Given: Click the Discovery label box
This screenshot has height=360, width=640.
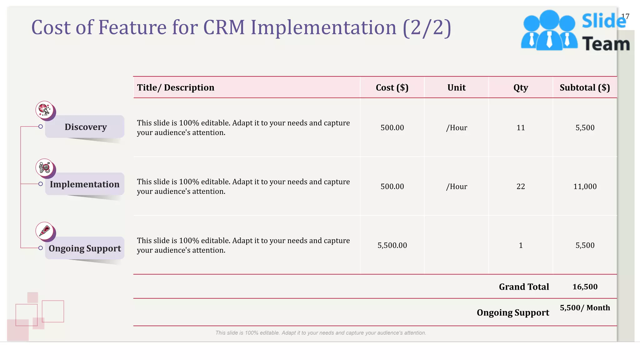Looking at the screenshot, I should pos(85,127).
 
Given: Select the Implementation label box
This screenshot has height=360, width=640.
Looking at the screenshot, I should pos(85,184).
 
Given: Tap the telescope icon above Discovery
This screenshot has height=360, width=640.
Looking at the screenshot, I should pos(45,110).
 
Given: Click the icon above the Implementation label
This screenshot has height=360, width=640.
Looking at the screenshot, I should pos(45,167).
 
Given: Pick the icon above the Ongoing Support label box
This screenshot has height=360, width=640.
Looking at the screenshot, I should pos(45,231).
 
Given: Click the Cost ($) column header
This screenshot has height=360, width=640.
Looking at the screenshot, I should pos(392,87).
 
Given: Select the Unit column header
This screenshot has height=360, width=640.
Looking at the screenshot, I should pos(456,87).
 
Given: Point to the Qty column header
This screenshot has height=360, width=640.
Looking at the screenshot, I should pos(521,87).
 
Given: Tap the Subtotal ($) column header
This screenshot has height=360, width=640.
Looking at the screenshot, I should pos(585,87).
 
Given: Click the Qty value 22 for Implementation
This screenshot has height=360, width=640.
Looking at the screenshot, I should pos(521,187).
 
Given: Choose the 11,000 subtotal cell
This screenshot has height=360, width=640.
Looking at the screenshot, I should pos(585,187).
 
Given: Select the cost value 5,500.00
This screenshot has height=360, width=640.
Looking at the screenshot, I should pos(392,245).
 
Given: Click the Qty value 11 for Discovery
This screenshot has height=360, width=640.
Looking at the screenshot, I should pos(521,127).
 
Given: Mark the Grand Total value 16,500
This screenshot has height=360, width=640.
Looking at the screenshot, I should pos(585,287).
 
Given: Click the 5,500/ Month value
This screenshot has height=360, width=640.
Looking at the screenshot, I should pos(585,308).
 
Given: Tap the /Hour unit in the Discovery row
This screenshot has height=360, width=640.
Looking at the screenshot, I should pos(456,127).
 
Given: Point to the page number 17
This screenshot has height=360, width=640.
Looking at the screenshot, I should pos(625,16).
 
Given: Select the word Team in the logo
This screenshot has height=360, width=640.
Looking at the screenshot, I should pos(606,44).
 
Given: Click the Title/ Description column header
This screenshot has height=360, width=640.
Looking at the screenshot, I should pos(176,87).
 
